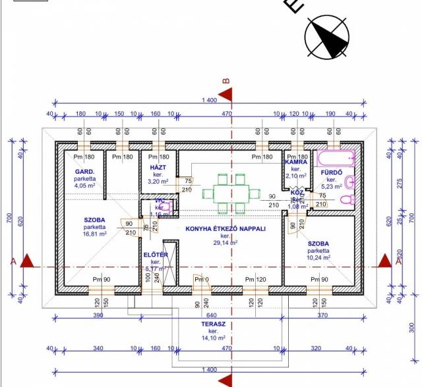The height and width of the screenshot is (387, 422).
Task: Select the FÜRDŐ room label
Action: click(x=330, y=172)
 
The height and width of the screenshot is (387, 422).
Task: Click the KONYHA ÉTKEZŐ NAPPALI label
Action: click(x=225, y=228)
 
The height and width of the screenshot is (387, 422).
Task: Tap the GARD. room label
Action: click(x=86, y=171)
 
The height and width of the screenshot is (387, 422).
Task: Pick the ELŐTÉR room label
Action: click(x=156, y=255)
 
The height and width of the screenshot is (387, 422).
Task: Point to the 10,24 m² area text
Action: click(x=319, y=258)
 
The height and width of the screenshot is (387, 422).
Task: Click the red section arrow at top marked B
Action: click(x=226, y=93)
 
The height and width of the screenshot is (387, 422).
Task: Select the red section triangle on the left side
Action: click(x=27, y=261)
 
